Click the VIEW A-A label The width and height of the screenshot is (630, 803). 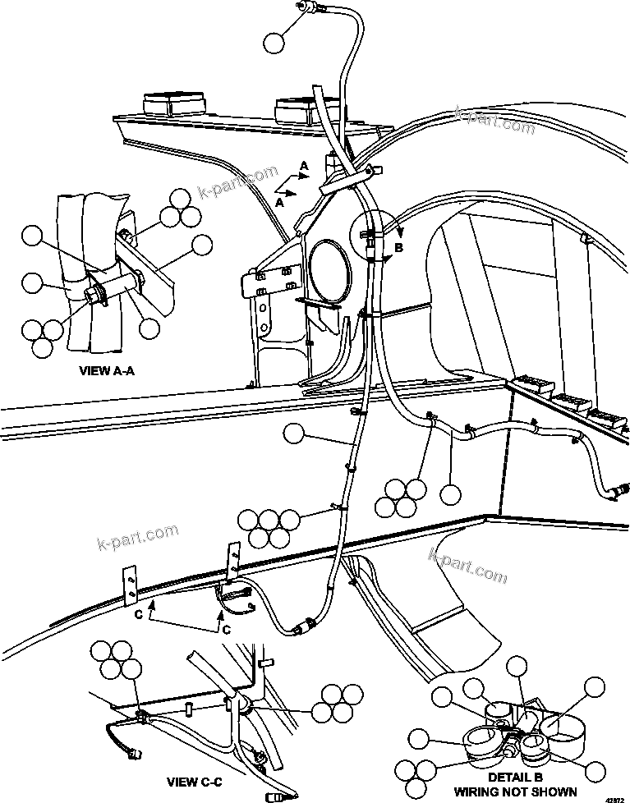pos(106,370)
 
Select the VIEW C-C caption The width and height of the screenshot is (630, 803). pos(194,781)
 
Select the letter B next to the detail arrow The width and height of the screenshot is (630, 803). pos(399,245)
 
